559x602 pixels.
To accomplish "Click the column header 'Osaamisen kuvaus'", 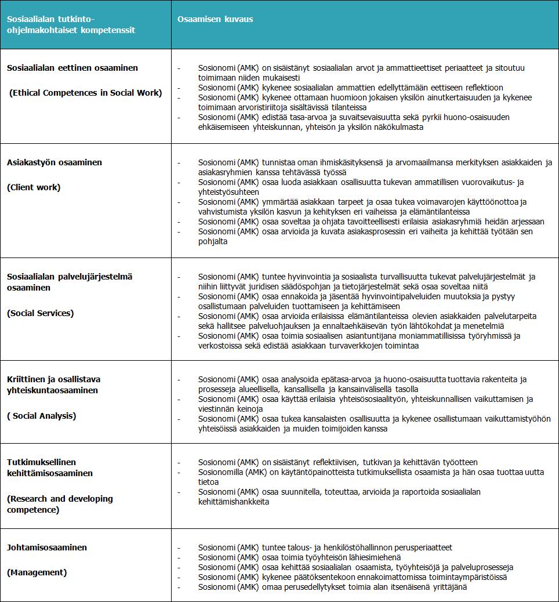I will point(215,19).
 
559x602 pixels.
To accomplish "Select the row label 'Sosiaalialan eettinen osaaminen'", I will point(72,68).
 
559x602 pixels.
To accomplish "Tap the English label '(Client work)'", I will point(34,187).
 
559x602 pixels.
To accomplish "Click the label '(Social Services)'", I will point(40,313).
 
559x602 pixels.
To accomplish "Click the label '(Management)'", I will point(37,572).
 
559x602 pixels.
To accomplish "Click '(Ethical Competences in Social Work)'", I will point(86,93).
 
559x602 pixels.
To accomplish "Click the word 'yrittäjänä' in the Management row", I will point(448,587).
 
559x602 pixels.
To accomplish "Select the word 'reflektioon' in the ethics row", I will point(482,88).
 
